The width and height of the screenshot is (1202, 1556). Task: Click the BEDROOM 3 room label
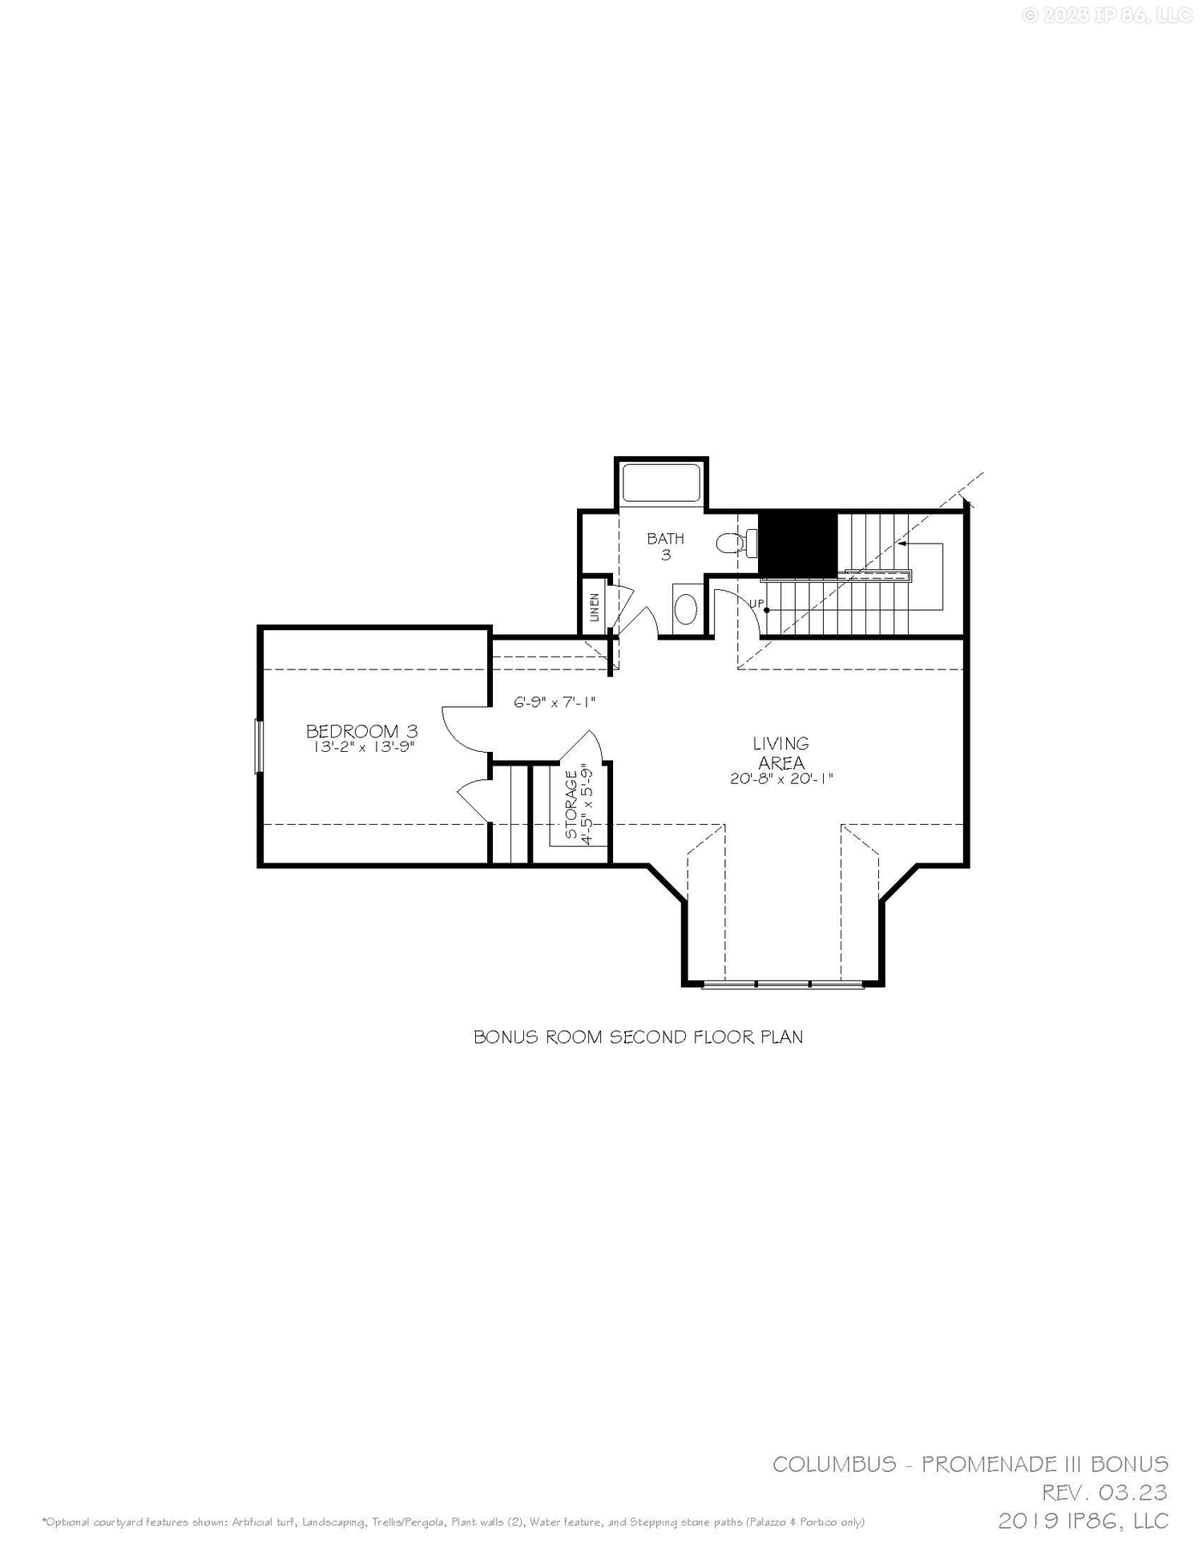[x=362, y=731]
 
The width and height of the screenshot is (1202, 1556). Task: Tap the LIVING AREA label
[x=780, y=753]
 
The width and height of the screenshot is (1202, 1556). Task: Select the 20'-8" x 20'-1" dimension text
[x=781, y=778]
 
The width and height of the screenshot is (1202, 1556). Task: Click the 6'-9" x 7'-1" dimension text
[x=555, y=702]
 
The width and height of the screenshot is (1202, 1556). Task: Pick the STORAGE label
[x=571, y=805]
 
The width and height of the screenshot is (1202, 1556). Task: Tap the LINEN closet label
[x=594, y=607]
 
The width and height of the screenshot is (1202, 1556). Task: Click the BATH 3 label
[x=665, y=546]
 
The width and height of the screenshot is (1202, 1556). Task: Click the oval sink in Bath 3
[x=686, y=609]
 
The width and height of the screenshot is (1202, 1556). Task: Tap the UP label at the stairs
[x=757, y=603]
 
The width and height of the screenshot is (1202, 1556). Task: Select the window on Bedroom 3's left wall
[x=259, y=746]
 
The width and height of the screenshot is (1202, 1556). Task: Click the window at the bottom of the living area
[x=783, y=984]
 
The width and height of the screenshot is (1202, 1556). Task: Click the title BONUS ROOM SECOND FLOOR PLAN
[x=638, y=1037]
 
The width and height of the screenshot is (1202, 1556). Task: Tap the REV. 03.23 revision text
[x=1104, y=1493]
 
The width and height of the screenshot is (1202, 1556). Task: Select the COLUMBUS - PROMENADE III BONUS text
[x=970, y=1464]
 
